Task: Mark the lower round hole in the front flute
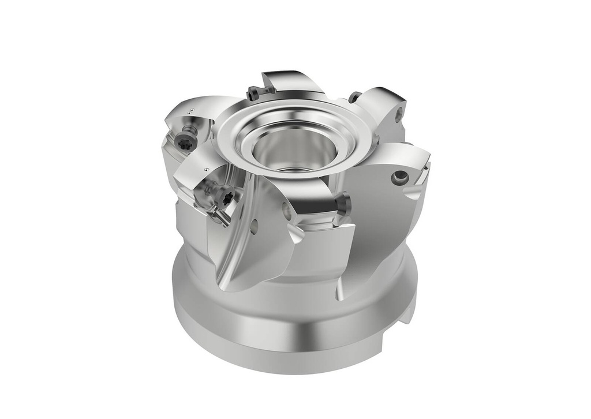(x=254, y=227)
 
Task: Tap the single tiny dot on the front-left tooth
(x=206, y=169)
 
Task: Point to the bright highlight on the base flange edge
(x=300, y=334)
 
